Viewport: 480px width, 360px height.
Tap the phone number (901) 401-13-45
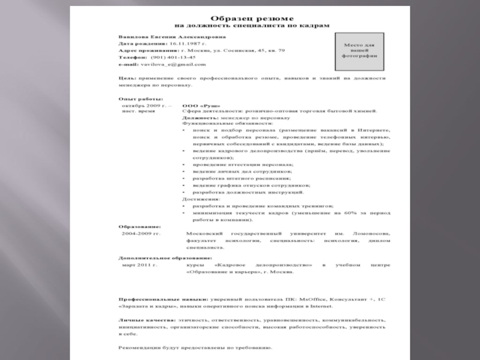173,58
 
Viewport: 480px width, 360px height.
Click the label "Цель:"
127,78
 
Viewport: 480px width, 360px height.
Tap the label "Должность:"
200,119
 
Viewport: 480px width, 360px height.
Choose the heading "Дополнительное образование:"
157,257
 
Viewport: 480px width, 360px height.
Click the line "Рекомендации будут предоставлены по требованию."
195,347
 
